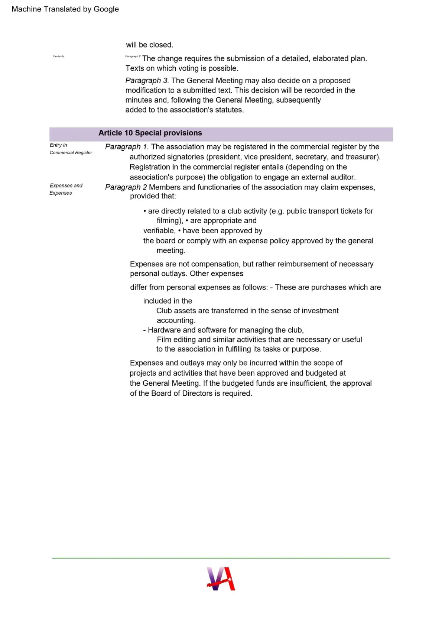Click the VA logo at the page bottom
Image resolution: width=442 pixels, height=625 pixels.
pos(221,579)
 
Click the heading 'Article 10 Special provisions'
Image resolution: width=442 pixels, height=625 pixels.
pos(150,133)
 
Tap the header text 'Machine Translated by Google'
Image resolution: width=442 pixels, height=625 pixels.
pos(65,9)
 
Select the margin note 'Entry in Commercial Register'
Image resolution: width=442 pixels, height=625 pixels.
pos(71,149)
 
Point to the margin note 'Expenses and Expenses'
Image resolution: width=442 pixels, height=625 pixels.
pos(66,189)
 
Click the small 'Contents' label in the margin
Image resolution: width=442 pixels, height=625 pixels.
pos(59,56)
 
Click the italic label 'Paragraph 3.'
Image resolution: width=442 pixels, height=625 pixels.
pos(147,81)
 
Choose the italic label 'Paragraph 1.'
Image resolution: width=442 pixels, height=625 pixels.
pos(127,147)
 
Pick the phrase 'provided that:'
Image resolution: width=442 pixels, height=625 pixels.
pos(153,196)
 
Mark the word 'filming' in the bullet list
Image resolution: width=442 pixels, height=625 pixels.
pos(169,221)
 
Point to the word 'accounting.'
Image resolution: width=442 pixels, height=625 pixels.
pos(176,320)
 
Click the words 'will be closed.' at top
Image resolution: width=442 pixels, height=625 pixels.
pos(149,45)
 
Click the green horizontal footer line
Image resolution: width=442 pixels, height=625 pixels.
pos(221,558)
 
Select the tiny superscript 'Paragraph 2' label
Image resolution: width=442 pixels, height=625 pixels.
pos(133,56)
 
